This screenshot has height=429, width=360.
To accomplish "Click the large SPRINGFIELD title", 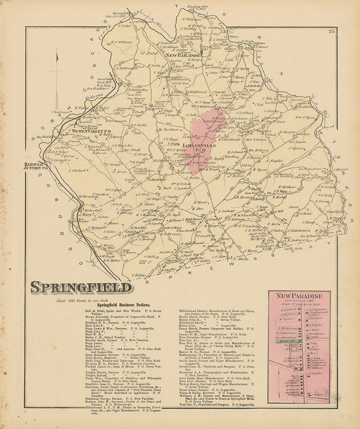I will [81, 288].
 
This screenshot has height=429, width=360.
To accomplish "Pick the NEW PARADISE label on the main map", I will [183, 55].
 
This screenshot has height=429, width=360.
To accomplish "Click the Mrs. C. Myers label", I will [318, 118].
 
